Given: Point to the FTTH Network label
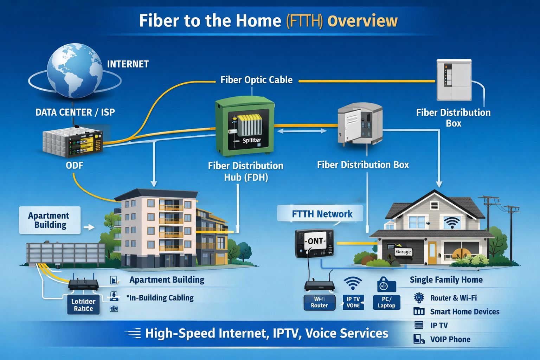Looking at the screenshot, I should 322,214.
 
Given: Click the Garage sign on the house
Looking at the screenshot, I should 403,252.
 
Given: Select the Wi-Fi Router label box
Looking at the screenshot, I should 319,302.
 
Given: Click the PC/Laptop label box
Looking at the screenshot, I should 386,302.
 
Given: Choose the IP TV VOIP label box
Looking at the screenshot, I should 353,302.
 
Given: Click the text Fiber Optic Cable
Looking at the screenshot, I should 256,80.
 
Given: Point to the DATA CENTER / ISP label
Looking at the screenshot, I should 75,112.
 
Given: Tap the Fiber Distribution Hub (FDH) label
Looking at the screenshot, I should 245,171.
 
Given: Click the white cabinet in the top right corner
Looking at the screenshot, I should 454,81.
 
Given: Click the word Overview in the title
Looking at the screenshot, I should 362,21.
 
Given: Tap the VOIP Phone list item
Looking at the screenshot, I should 450,339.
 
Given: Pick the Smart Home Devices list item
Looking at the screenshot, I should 464,311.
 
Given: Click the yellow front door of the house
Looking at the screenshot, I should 432,252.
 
